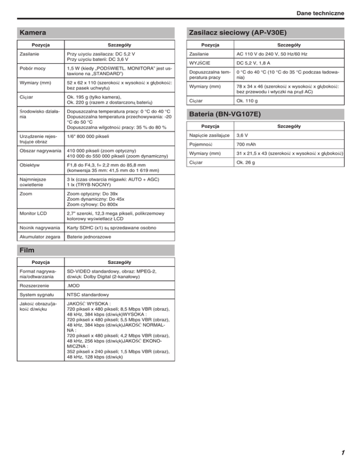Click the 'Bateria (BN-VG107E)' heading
click(225, 114)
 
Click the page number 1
click(343, 453)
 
